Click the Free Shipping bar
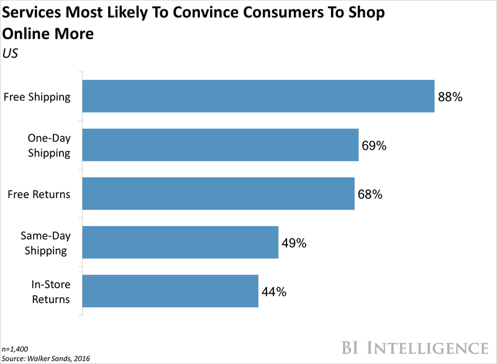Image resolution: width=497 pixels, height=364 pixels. [258, 96]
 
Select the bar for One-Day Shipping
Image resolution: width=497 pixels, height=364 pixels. [221, 145]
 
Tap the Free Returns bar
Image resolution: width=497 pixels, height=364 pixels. [219, 194]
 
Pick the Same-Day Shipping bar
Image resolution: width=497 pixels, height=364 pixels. [180, 242]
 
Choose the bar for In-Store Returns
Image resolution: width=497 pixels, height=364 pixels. [170, 291]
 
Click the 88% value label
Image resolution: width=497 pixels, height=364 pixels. [451, 97]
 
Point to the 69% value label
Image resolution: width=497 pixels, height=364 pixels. [375, 145]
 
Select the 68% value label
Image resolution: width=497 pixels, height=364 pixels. [370, 194]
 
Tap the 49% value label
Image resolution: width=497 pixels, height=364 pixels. [294, 243]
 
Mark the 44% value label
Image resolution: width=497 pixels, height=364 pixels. [274, 291]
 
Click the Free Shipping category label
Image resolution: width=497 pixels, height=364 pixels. [37, 97]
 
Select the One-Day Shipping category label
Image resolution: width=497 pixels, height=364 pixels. [48, 145]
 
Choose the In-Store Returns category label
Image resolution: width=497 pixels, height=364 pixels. [49, 291]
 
